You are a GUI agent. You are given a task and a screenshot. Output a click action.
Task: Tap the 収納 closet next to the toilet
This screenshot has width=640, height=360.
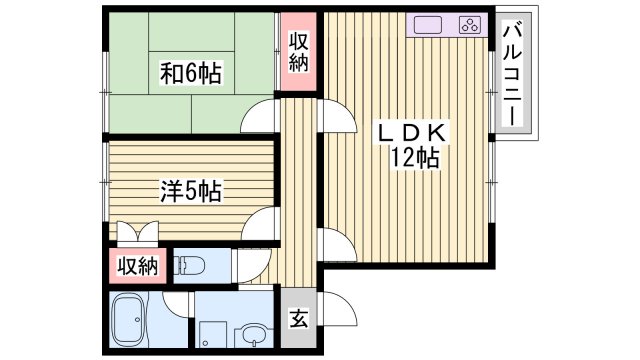pyautogui.click(x=135, y=266)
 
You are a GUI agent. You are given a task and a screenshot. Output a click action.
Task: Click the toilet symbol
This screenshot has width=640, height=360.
pyautogui.click(x=189, y=267)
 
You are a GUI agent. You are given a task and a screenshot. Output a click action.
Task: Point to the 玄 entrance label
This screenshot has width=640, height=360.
pyautogui.click(x=298, y=321)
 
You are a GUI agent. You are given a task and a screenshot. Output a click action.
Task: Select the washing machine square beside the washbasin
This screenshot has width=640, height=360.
pyautogui.click(x=212, y=333)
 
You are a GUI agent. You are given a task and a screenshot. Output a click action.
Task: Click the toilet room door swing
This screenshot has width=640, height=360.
pyautogui.click(x=249, y=266)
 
